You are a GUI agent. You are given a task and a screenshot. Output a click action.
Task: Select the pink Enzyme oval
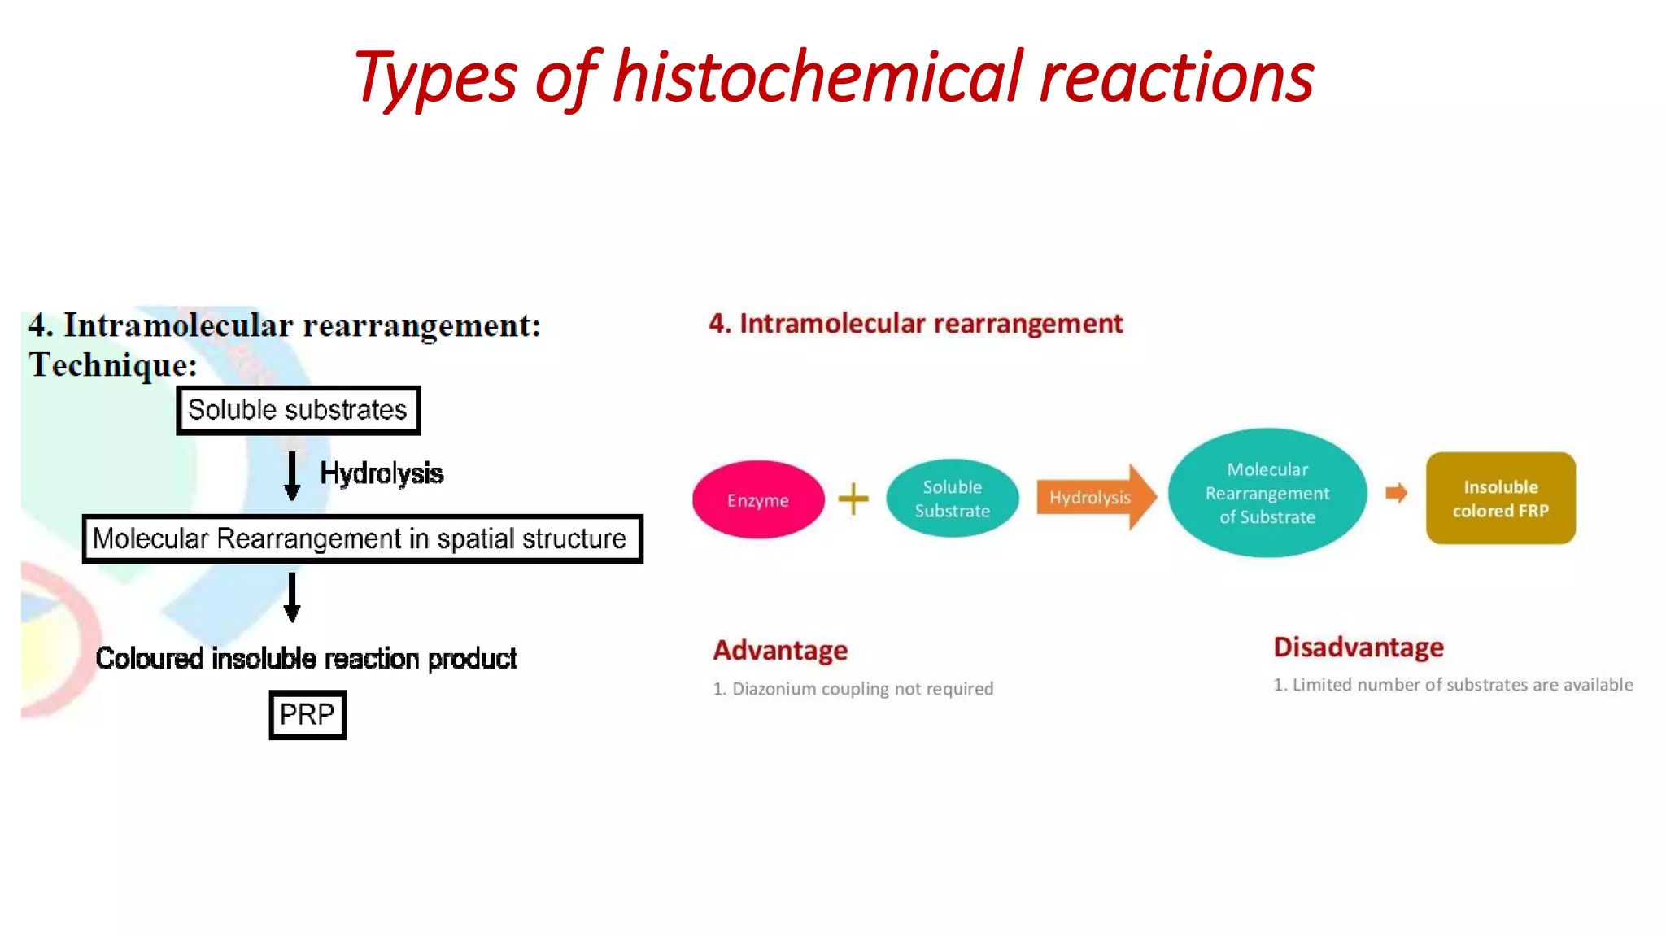pyautogui.click(x=757, y=499)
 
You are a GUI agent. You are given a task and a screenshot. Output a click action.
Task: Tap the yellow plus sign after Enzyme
pyautogui.click(x=853, y=499)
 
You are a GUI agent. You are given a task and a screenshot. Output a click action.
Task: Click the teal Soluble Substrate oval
pyautogui.click(x=952, y=499)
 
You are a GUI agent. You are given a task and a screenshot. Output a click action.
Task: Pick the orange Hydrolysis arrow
pyautogui.click(x=1094, y=497)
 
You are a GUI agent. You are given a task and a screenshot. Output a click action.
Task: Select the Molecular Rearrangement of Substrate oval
pyautogui.click(x=1267, y=493)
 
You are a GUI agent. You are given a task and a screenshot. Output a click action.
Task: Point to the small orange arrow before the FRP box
pyautogui.click(x=1396, y=493)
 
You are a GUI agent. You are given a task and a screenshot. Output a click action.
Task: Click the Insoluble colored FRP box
pyautogui.click(x=1500, y=498)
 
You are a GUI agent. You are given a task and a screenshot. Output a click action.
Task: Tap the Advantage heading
pyautogui.click(x=780, y=650)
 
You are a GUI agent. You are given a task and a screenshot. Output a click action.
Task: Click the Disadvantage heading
pyautogui.click(x=1358, y=647)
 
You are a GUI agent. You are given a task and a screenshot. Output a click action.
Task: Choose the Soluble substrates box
pyautogui.click(x=298, y=410)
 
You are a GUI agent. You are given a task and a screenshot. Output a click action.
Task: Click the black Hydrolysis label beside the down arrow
pyautogui.click(x=381, y=473)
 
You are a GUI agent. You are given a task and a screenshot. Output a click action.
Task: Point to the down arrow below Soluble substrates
pyautogui.click(x=292, y=476)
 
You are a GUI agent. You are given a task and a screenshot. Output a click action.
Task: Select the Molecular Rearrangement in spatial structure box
pyautogui.click(x=362, y=538)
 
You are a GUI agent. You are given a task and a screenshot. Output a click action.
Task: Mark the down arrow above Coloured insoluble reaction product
pyautogui.click(x=292, y=598)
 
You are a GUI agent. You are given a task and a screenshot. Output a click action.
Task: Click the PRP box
pyautogui.click(x=307, y=714)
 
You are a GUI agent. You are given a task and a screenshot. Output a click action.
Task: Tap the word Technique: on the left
pyautogui.click(x=113, y=365)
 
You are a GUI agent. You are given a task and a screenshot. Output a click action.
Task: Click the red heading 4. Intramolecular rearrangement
pyautogui.click(x=915, y=324)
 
